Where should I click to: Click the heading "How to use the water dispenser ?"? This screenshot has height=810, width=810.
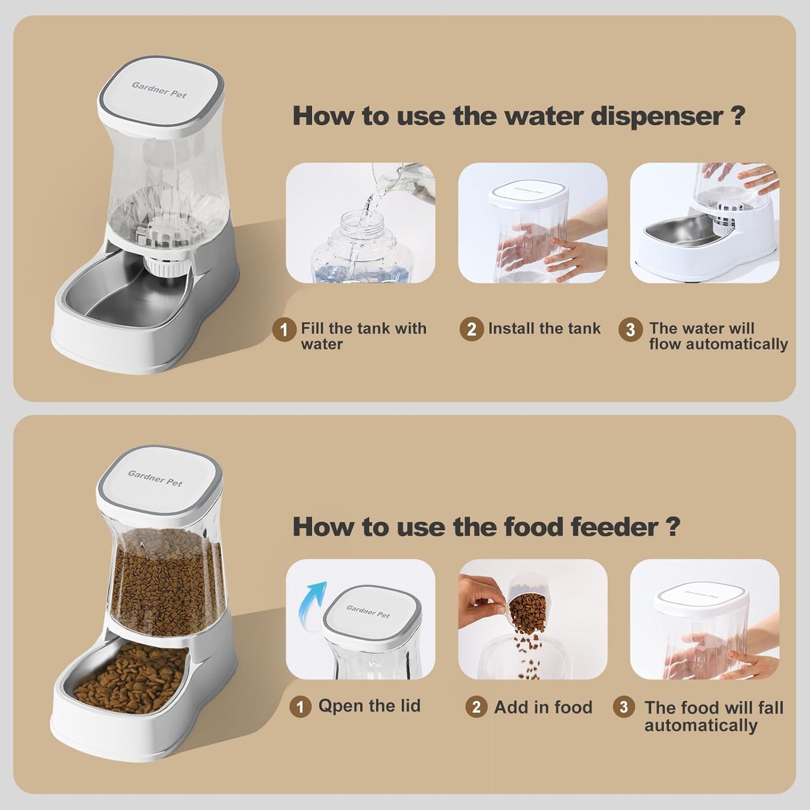click(519, 116)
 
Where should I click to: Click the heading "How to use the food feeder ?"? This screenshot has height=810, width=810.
click(486, 527)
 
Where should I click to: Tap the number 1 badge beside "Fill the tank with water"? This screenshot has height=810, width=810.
click(284, 329)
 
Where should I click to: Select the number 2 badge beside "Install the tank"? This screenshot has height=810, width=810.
click(471, 329)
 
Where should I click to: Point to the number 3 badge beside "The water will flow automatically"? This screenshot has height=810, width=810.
click(630, 329)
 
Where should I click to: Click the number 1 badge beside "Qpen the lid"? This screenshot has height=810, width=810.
click(300, 707)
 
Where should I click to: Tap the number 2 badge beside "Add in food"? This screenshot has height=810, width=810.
click(476, 707)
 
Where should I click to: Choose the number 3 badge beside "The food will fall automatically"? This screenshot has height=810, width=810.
click(624, 707)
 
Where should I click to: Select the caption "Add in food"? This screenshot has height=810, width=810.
click(543, 707)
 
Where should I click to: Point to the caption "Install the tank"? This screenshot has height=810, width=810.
click(544, 328)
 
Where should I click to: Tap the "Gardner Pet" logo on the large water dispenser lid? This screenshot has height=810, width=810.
click(159, 90)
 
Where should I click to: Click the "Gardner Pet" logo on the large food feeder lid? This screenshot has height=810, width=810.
click(155, 478)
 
